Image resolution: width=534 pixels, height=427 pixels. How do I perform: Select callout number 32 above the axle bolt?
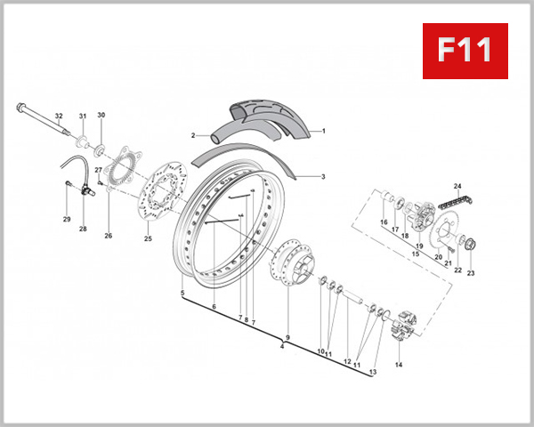[x=59, y=117]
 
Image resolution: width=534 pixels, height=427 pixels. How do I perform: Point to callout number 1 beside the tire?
[x=323, y=131]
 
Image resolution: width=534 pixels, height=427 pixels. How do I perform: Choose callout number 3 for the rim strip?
[x=323, y=177]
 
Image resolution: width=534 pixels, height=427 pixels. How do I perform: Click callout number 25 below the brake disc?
[x=148, y=238]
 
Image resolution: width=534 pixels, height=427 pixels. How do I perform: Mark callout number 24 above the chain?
[x=457, y=185]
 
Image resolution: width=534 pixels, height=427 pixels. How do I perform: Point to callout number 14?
[x=399, y=365]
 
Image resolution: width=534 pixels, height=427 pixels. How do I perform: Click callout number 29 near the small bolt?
[x=66, y=219]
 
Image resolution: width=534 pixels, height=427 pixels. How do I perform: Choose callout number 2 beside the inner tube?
[x=192, y=135]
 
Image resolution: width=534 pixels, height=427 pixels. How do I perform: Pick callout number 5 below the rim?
[x=182, y=294]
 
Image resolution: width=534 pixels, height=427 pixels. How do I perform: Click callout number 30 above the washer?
[x=101, y=115]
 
